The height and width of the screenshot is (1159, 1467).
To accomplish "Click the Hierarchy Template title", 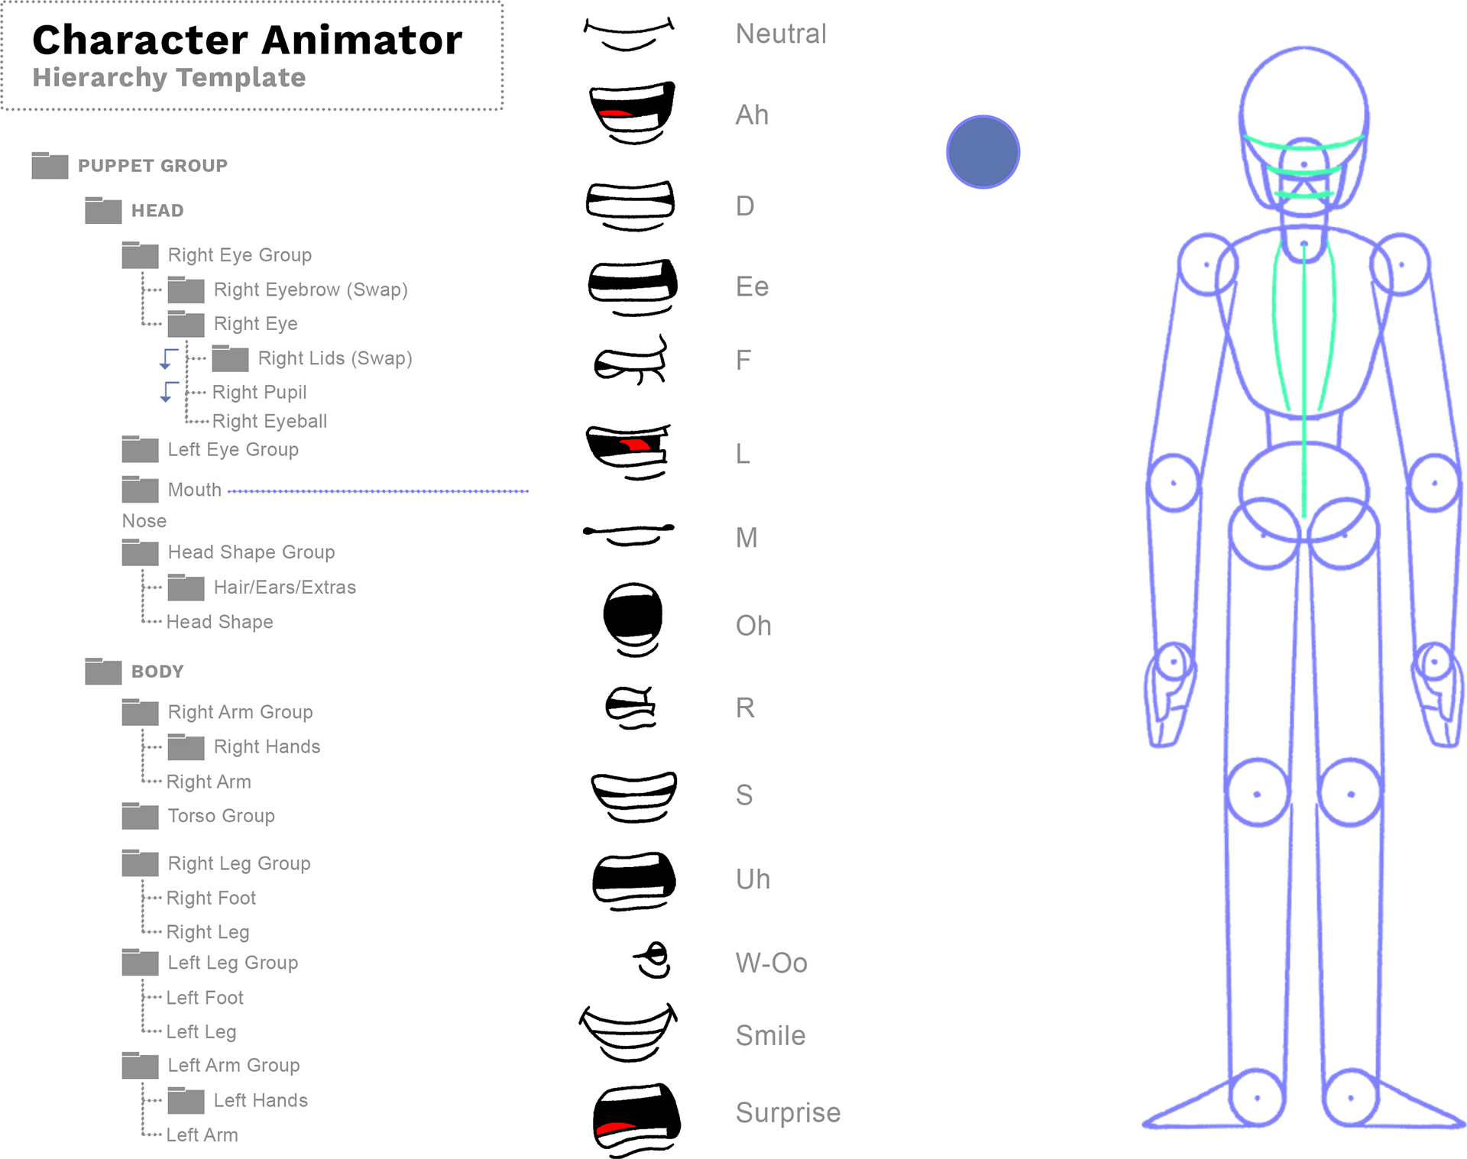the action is click(169, 77).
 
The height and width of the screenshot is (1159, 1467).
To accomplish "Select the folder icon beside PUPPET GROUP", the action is click(50, 165).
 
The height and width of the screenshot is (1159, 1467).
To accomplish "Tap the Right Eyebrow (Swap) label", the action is click(310, 290).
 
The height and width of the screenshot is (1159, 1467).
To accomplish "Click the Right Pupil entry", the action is click(259, 392).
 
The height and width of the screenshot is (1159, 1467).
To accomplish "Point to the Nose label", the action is click(144, 521).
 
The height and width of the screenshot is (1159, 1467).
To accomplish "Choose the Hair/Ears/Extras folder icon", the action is click(186, 588).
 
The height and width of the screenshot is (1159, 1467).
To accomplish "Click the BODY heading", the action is click(157, 672).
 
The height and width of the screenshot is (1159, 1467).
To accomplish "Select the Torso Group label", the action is click(221, 816).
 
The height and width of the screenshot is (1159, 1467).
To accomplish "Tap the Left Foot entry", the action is click(205, 998).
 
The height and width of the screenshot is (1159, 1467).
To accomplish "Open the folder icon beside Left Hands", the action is click(186, 1100).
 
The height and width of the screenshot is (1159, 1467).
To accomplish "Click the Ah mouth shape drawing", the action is click(627, 108).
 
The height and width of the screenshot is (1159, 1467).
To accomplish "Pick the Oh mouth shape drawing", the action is click(632, 615).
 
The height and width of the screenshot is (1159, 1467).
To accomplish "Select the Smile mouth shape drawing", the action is click(627, 1028).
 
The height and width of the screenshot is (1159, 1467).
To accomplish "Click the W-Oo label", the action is click(771, 963).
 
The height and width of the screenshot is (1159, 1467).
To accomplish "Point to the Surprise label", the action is click(788, 1112).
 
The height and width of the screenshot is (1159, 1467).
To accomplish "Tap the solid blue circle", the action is click(983, 152).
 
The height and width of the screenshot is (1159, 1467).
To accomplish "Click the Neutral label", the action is click(781, 34).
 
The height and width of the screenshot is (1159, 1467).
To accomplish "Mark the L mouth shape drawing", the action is click(627, 447).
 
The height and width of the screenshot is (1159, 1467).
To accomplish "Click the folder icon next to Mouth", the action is click(140, 490).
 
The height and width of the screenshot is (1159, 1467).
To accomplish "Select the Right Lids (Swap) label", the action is click(335, 358).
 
